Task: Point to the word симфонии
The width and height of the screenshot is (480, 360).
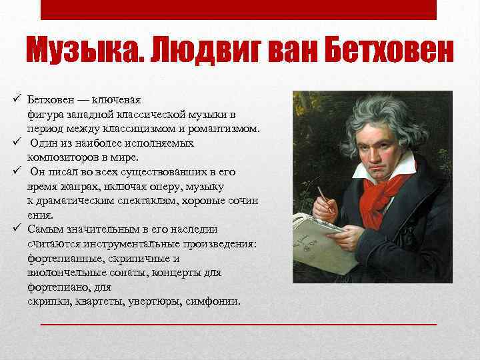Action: pos(215,301)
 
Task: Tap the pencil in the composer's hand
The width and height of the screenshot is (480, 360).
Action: pos(324,197)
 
